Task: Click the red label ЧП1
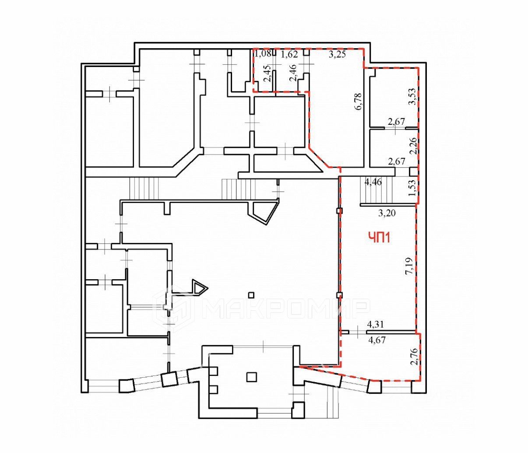pyautogui.click(x=379, y=238)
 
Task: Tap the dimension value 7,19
pyautogui.click(x=408, y=266)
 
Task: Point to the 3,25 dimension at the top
pyautogui.click(x=337, y=55)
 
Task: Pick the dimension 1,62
pyautogui.click(x=289, y=55)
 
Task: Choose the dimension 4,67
pyautogui.click(x=377, y=340)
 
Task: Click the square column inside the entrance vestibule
pyautogui.click(x=251, y=376)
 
